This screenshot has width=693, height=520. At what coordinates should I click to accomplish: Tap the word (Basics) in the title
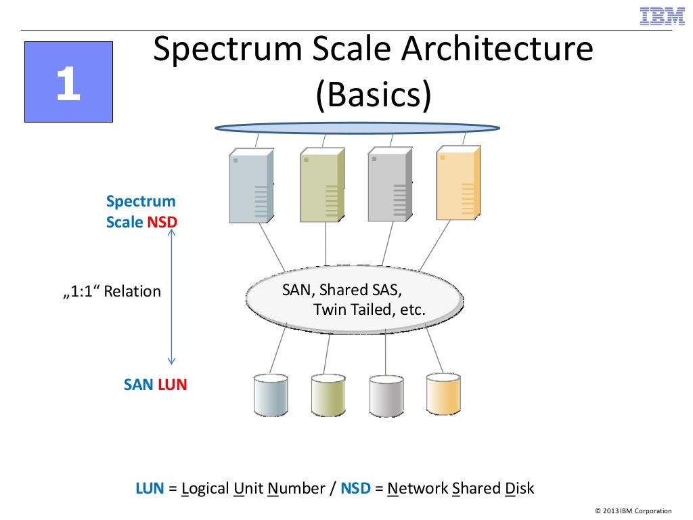coord(373,95)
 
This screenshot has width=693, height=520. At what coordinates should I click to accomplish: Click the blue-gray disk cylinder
coord(270,396)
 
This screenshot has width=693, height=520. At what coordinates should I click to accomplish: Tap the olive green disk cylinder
coord(328,396)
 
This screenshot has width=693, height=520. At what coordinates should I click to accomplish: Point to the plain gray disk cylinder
coord(386,396)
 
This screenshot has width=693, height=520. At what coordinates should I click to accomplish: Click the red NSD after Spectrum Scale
coord(162,222)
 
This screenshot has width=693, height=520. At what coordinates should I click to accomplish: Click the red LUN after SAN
coord(172,385)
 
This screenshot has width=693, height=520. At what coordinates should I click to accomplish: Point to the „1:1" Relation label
coord(112,292)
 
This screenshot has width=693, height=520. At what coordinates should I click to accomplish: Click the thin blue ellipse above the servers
coord(357,128)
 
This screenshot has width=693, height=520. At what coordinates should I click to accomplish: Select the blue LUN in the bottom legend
coord(150,488)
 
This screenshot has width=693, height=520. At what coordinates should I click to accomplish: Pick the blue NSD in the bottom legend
coord(355,488)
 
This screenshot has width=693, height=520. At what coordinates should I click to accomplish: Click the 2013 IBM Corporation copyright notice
coord(633,511)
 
